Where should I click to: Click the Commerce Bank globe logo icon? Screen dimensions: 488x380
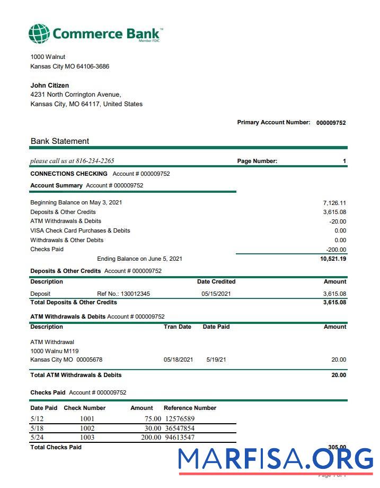[39, 33]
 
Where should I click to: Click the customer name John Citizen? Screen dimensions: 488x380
[50, 85]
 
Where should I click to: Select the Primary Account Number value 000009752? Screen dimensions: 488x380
[331, 123]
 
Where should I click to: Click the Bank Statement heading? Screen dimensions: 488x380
[60, 141]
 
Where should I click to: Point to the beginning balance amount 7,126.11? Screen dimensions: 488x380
[334, 203]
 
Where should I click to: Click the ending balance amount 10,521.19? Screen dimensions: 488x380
[333, 259]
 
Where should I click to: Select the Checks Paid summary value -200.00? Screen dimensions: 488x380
[336, 250]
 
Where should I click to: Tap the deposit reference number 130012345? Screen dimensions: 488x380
[135, 294]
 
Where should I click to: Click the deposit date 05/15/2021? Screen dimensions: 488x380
[216, 294]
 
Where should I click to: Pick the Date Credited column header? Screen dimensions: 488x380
[216, 282]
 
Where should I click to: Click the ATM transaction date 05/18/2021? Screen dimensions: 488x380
[178, 360]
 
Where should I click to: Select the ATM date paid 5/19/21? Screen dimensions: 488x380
[216, 360]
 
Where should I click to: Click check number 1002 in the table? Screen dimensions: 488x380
[87, 429]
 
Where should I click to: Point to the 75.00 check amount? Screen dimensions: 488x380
[152, 419]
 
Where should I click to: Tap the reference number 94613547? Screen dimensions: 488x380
[180, 438]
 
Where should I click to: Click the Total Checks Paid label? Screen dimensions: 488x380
[56, 448]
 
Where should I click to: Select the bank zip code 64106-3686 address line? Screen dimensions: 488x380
[70, 66]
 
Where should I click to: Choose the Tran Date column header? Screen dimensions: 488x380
[178, 327]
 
